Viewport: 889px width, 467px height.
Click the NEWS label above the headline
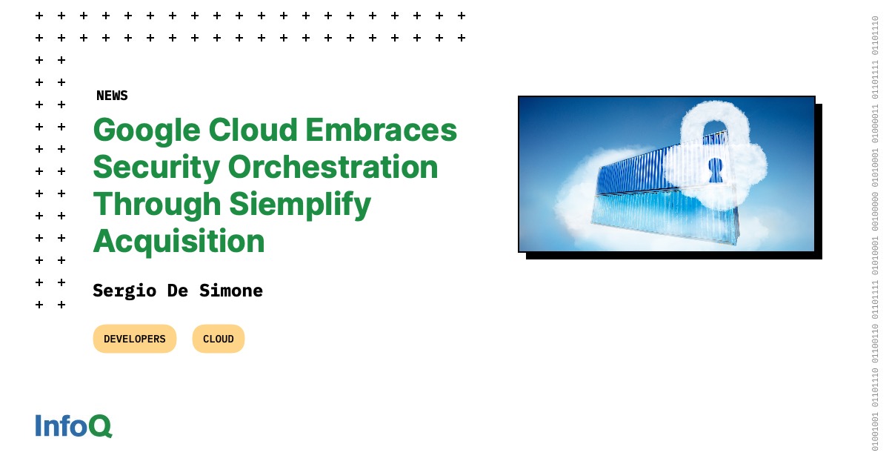coord(112,96)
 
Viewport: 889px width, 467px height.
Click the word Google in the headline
coord(147,131)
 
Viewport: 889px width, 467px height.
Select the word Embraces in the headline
coord(382,131)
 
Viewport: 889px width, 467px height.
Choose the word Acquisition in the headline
coord(179,242)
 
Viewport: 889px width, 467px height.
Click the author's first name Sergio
coord(124,291)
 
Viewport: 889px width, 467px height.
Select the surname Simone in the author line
coord(230,291)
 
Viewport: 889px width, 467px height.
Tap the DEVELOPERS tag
coord(135,339)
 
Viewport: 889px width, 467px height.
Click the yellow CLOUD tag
coord(219,339)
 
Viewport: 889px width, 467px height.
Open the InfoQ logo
coord(73,425)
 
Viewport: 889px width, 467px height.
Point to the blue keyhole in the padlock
coord(715,170)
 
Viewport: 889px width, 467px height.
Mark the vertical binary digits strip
coord(875,233)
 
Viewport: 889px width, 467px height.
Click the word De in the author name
coord(177,291)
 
